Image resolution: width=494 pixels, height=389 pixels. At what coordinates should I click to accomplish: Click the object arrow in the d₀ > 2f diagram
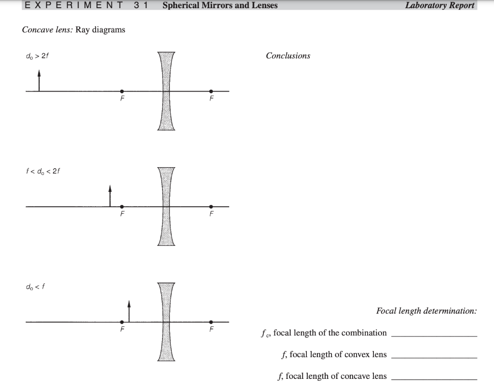tap(39, 81)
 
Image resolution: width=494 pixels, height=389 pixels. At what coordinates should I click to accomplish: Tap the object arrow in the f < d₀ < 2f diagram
tap(110, 196)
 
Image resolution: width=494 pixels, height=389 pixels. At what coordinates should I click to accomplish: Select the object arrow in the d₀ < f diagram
tap(129, 311)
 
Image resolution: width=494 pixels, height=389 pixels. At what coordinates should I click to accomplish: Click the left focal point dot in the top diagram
tap(122, 91)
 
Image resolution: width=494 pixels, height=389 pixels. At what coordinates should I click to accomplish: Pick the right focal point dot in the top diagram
tap(211, 91)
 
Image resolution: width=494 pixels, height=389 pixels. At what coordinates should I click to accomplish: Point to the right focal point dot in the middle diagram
tap(211, 206)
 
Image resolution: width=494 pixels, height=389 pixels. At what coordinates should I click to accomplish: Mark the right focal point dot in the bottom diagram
tap(211, 322)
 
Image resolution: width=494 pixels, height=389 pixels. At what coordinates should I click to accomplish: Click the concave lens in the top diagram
tap(166, 91)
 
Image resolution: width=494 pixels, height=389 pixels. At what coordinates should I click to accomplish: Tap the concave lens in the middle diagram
tap(166, 206)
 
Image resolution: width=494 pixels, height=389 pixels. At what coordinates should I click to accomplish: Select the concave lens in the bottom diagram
tap(166, 322)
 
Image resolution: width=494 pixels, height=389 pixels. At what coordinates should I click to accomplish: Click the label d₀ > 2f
tap(37, 56)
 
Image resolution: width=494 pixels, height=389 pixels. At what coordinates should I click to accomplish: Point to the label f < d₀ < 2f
tap(43, 171)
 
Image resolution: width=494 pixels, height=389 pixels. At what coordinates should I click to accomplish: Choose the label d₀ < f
tap(36, 286)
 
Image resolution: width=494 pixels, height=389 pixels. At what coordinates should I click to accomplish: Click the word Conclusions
tap(288, 56)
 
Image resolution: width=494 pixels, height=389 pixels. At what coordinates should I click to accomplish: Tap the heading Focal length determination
tap(426, 311)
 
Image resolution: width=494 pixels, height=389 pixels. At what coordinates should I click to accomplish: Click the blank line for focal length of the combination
tap(434, 335)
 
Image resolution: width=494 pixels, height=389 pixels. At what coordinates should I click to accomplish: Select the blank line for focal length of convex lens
tap(434, 356)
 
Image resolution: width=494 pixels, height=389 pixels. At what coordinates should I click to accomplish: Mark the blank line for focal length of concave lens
tap(434, 378)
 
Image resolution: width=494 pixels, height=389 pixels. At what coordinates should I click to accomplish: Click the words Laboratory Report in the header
tap(439, 6)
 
